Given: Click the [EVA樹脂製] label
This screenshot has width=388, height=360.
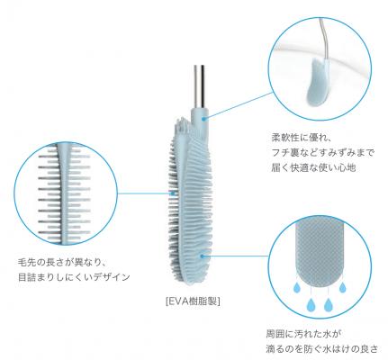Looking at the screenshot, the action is click(193, 301).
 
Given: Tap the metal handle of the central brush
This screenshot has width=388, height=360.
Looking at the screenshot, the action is click(200, 86).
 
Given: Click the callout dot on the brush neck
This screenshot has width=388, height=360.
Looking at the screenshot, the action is click(204, 119).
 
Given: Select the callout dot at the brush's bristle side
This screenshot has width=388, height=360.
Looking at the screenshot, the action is click(173, 193).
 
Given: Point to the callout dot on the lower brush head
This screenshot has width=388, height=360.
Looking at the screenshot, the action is click(202, 256).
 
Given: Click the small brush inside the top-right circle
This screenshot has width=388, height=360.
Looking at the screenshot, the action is click(318, 81).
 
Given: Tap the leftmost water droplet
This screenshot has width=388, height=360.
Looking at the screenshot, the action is click(296, 287).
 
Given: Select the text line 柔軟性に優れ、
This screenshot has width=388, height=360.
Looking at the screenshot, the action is click(302, 138).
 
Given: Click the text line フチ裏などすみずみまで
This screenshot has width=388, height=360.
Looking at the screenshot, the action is click(323, 153).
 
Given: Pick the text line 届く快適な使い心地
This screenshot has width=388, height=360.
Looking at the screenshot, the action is click(313, 167).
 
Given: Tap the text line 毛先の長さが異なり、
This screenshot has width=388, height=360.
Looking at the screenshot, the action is click(61, 262).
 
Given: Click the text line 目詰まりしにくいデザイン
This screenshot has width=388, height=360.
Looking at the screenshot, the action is click(74, 276).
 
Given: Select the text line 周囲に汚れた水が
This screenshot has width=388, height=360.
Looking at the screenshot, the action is click(304, 333).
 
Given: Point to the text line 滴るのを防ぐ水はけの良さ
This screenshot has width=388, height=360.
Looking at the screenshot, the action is click(322, 349).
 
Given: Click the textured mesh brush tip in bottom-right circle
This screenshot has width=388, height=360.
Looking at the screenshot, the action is click(320, 253).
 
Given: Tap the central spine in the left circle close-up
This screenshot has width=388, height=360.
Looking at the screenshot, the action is click(64, 192).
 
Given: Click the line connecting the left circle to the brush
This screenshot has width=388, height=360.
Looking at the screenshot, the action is click(144, 193).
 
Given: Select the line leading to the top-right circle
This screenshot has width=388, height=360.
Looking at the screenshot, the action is click(239, 105).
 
